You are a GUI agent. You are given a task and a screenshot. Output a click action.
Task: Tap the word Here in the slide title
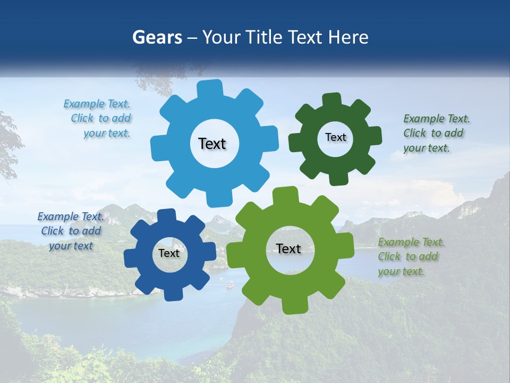[x=347, y=37]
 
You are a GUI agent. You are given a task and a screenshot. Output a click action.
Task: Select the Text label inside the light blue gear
[x=212, y=144]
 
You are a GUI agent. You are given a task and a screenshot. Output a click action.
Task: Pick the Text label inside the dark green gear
[x=335, y=137]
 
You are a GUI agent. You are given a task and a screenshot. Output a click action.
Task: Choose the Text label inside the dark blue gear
[x=169, y=253]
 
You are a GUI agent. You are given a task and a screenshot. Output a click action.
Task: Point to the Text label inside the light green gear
[x=288, y=248]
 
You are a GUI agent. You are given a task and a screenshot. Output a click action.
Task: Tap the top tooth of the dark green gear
[x=331, y=99]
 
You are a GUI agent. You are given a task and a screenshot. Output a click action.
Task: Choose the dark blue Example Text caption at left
[x=71, y=231]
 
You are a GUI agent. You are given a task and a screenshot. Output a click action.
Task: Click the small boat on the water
[x=230, y=285]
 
